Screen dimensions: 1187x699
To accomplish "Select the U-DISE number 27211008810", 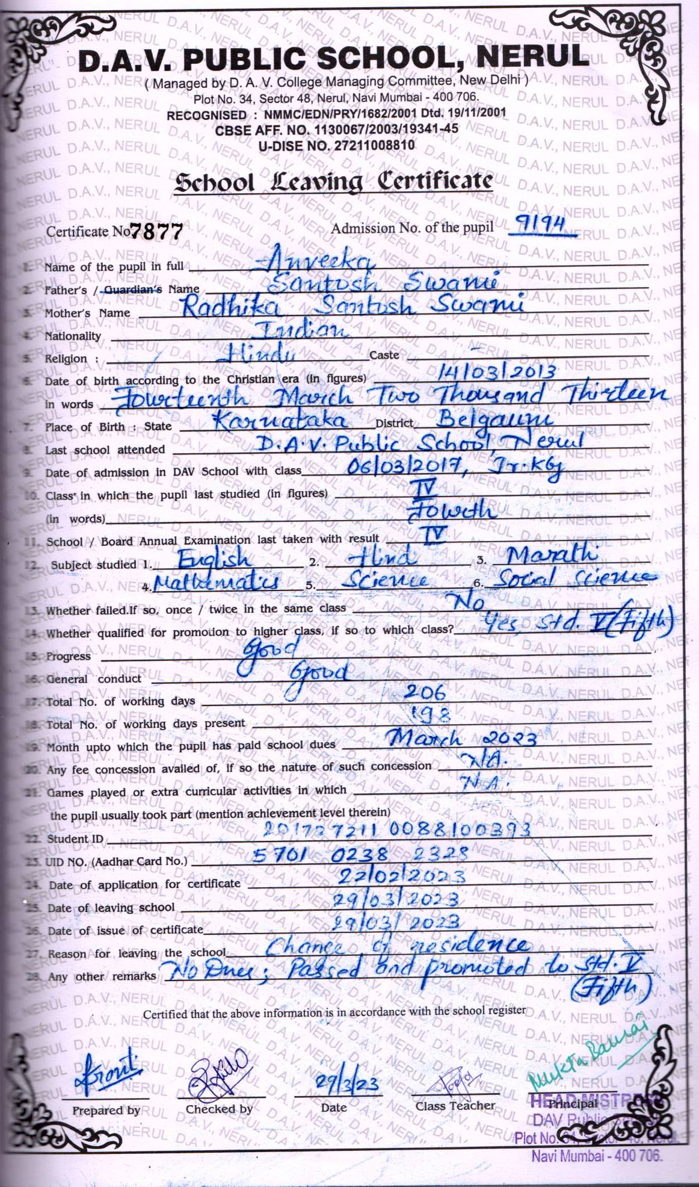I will [x=336, y=145].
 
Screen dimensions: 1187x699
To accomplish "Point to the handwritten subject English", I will [x=214, y=558].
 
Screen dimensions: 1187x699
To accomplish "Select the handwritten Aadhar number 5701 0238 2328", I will [x=360, y=854].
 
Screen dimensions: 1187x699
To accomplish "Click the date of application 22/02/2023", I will [x=401, y=876].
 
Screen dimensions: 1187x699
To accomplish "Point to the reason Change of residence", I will [x=397, y=946].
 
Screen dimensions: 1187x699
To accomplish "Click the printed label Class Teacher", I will [x=455, y=1106].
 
